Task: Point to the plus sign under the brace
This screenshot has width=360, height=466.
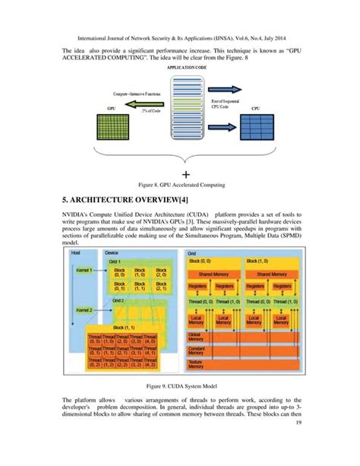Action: tap(185, 174)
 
